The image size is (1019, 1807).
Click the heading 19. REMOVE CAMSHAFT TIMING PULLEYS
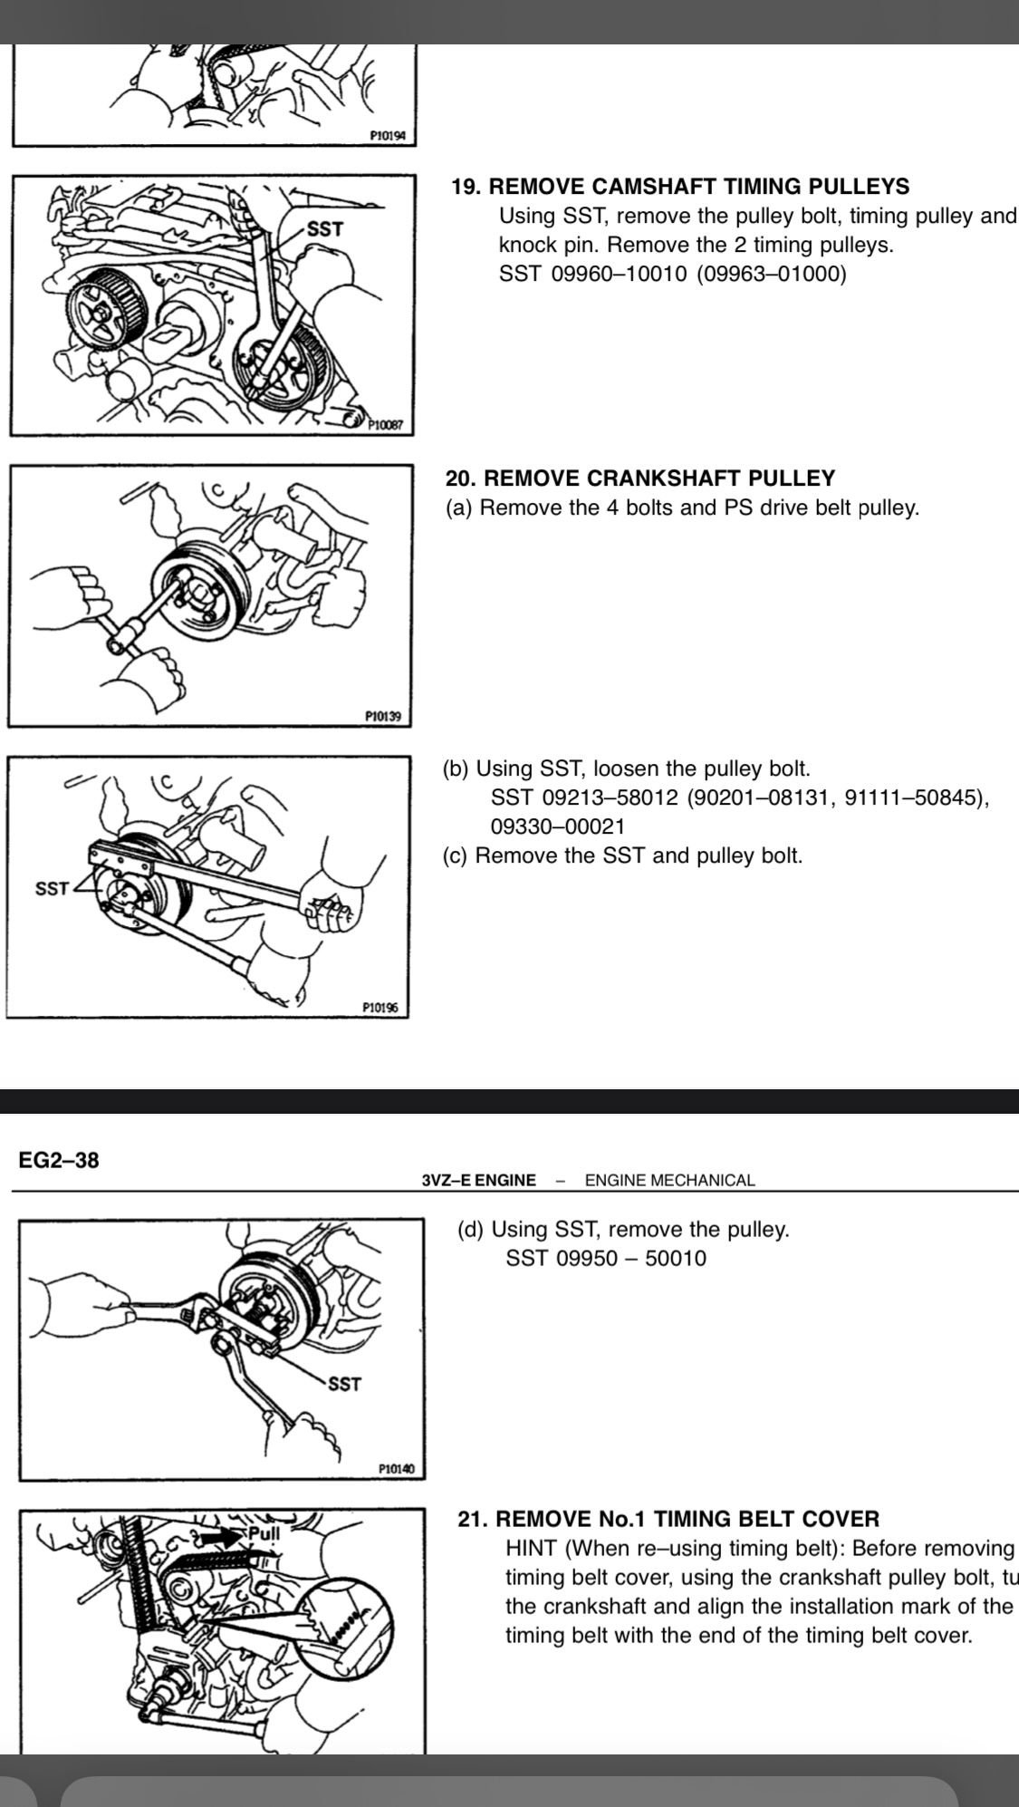pos(679,187)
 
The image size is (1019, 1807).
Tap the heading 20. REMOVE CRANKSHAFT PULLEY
pos(640,478)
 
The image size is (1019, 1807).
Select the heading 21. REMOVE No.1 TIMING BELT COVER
pos(668,1519)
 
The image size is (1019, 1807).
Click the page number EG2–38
pos(59,1160)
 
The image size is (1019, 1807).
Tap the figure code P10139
pos(383,716)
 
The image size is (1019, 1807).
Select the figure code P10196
pos(380,1007)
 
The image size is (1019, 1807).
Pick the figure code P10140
pos(396,1468)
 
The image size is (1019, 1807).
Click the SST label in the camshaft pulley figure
pos(325,229)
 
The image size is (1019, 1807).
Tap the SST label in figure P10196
pos(52,889)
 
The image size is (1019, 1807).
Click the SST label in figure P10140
pos(344,1384)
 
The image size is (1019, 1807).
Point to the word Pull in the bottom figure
pos(264,1534)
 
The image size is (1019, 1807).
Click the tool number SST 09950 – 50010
pos(605,1258)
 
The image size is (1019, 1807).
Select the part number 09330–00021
pos(557,826)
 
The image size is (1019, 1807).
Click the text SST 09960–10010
pos(592,274)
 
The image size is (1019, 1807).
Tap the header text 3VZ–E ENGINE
pos(478,1180)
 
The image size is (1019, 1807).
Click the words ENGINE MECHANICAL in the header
pos(669,1180)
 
